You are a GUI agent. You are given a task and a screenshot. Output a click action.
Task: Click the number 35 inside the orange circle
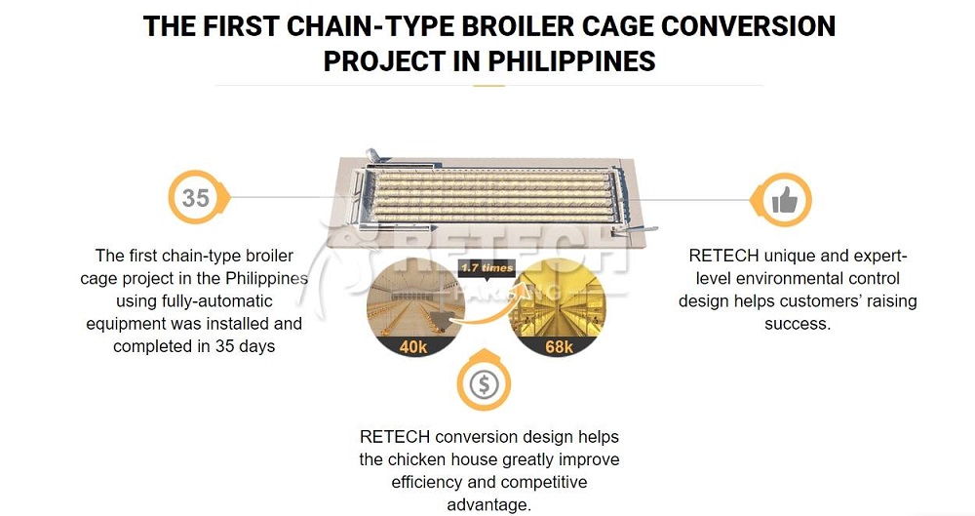196,198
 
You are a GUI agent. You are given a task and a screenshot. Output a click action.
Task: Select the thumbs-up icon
785,200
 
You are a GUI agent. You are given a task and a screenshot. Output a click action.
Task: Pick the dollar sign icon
485,384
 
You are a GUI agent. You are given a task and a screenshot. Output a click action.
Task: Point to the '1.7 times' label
487,268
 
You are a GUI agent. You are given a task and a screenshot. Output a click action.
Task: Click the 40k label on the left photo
412,346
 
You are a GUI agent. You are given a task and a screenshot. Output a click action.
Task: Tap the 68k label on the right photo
559,346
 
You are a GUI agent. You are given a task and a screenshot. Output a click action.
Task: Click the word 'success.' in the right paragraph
798,324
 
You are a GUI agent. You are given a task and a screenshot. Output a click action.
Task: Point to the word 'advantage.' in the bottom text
488,504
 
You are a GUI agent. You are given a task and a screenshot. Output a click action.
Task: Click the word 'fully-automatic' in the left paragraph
194,301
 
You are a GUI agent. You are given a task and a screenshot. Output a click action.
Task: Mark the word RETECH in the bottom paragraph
394,437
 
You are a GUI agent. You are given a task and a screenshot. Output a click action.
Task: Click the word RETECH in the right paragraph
723,256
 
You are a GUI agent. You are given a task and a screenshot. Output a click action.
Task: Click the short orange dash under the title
488,85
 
